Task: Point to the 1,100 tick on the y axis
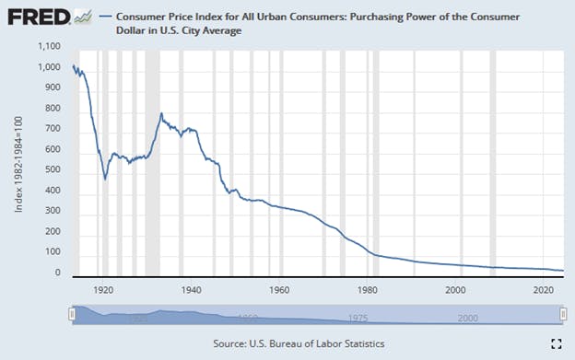coord(46,45)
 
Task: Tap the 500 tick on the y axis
coord(52,169)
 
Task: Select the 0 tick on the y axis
coord(57,273)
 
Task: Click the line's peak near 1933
coord(161,113)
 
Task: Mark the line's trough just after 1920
coord(106,178)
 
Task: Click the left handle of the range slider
coord(72,315)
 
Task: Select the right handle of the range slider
coord(562,315)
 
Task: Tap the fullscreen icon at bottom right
coord(555,343)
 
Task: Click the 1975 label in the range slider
coord(358,319)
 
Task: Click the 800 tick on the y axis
coord(52,108)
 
